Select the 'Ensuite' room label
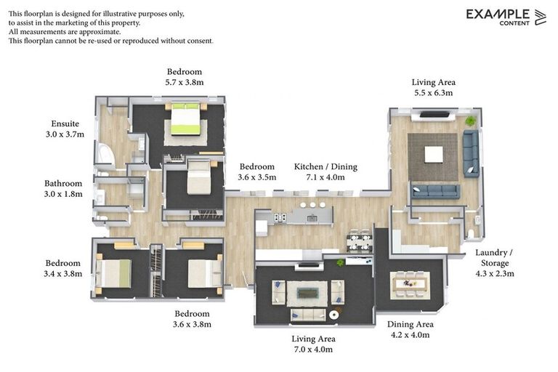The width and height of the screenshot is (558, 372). [65, 124]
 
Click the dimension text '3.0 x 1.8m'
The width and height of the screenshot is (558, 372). [63, 194]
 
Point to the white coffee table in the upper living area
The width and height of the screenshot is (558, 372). [434, 155]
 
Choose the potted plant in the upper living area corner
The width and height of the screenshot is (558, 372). [471, 121]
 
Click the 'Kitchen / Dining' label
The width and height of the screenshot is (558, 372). [320, 166]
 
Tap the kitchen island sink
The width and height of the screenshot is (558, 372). [312, 216]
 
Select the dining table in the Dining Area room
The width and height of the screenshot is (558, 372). [410, 284]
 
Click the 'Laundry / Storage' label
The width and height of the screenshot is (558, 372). [494, 257]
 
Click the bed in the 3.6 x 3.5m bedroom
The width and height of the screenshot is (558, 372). [198, 179]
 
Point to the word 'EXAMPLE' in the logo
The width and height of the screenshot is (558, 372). [498, 14]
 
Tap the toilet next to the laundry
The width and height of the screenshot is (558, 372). [472, 232]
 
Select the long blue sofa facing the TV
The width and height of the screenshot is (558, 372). [435, 191]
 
